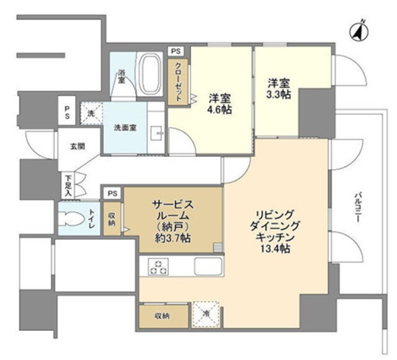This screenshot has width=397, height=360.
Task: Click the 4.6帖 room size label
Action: (220, 110)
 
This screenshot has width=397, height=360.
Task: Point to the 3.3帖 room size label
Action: (279, 94)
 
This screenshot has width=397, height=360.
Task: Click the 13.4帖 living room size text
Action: (275, 249)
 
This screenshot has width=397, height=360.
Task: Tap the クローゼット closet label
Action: (179, 81)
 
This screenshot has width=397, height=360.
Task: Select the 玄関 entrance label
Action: (78, 146)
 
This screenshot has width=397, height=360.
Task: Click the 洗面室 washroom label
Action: (125, 128)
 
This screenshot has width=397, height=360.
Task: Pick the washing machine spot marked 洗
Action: (91, 113)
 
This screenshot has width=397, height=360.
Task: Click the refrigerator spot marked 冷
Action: (207, 314)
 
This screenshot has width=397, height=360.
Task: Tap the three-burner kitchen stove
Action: (159, 267)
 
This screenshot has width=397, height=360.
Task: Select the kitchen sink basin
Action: (208, 266)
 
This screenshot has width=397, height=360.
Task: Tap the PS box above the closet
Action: (176, 51)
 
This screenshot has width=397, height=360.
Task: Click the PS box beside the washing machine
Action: (67, 112)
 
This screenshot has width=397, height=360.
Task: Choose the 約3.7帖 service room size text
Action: (173, 238)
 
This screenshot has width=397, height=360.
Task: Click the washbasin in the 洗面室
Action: (157, 133)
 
